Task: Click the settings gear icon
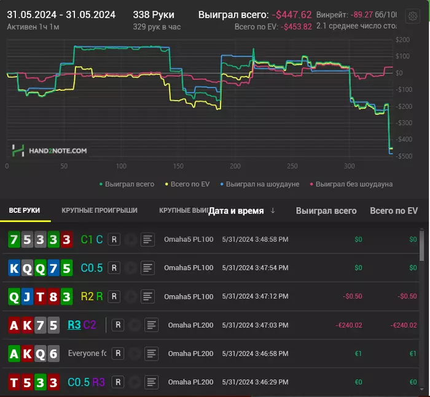click(x=413, y=17)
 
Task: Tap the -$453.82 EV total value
click(x=296, y=27)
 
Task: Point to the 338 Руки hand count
click(x=153, y=15)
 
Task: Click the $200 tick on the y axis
click(x=404, y=40)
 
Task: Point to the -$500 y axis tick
click(x=402, y=156)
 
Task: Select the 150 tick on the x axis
click(x=178, y=166)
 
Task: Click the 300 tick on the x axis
click(x=350, y=166)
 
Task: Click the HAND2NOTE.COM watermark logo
click(x=49, y=150)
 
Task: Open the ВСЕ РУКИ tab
click(x=25, y=210)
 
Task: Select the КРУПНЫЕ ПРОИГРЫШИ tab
click(x=100, y=210)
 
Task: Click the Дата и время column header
click(x=236, y=210)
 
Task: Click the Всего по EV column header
click(x=393, y=210)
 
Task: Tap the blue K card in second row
click(x=14, y=268)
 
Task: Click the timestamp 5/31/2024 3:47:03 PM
click(x=255, y=325)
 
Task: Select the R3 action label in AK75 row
click(x=74, y=325)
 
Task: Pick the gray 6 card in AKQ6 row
click(x=53, y=353)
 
